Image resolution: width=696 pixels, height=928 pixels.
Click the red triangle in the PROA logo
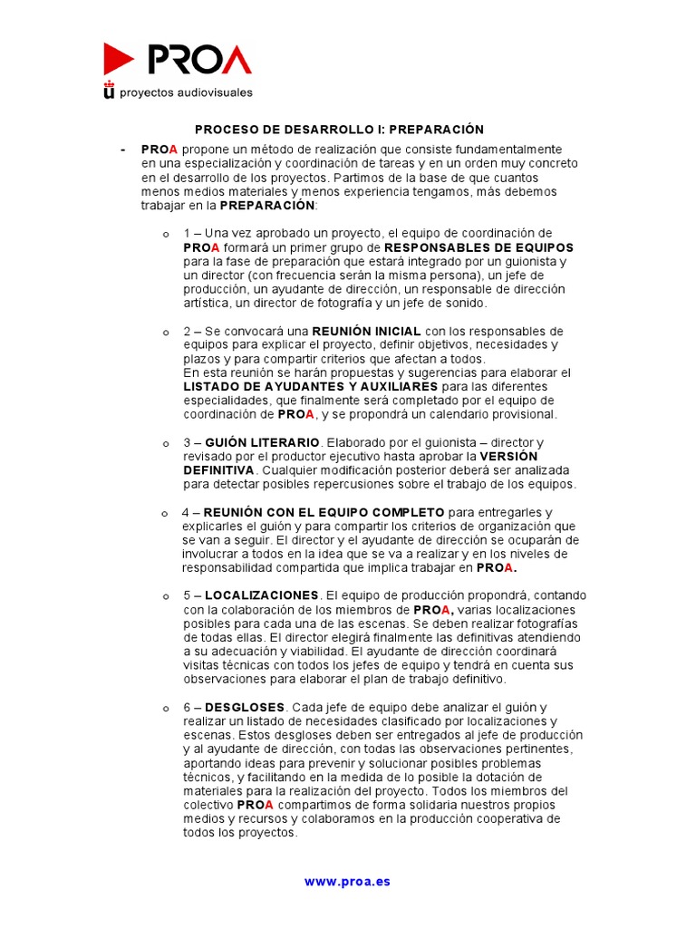(118, 59)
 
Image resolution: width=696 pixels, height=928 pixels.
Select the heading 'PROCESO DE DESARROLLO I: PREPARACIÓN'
(340, 130)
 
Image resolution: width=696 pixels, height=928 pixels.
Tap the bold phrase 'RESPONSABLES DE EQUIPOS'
(478, 247)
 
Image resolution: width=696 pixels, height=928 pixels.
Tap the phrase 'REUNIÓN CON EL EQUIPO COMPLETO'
(324, 512)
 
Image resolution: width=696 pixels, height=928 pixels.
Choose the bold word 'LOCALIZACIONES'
(262, 595)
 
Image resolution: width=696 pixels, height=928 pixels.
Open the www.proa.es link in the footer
(347, 881)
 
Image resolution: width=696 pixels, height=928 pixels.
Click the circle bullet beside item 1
(165, 235)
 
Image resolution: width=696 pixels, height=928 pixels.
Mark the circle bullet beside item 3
(165, 443)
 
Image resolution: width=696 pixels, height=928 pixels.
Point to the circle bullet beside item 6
(165, 708)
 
